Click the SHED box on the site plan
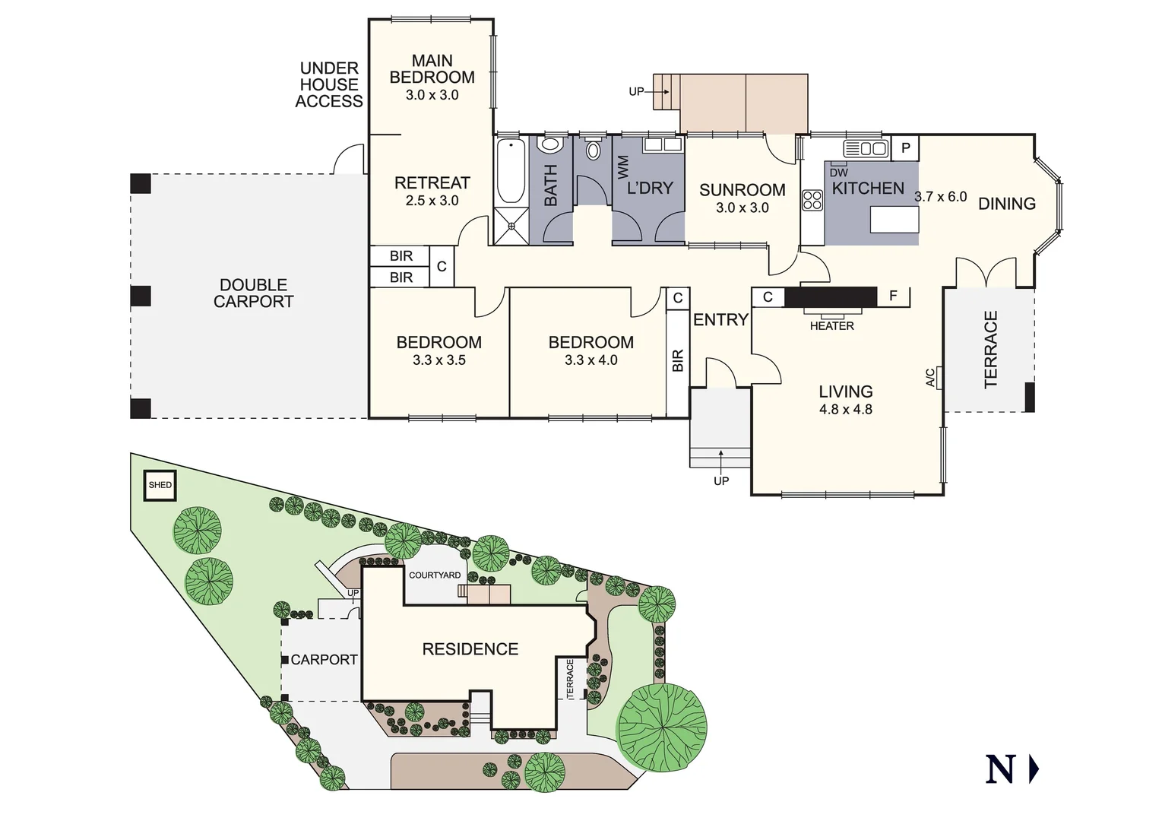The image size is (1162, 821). coord(160,485)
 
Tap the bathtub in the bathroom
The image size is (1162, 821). coord(510,172)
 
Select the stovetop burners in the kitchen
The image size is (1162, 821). coord(812,200)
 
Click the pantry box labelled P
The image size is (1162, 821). coord(905,148)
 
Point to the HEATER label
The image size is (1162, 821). coord(831,326)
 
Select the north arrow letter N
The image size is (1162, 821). coord(1000,770)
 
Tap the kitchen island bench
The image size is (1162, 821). coord(894,220)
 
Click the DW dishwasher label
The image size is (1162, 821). coord(839,173)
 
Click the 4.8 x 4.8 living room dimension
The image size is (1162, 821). coord(845,409)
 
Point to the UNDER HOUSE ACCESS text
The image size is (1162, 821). coord(329,85)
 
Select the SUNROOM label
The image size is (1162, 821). coord(742,190)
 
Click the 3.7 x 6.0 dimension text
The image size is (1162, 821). coord(940,197)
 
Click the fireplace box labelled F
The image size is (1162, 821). coord(894,296)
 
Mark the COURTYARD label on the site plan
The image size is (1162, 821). coord(435,575)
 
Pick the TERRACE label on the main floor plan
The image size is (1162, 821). coord(991,349)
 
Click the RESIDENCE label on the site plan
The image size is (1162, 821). coord(470,649)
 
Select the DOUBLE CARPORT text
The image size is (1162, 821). coord(253,293)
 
